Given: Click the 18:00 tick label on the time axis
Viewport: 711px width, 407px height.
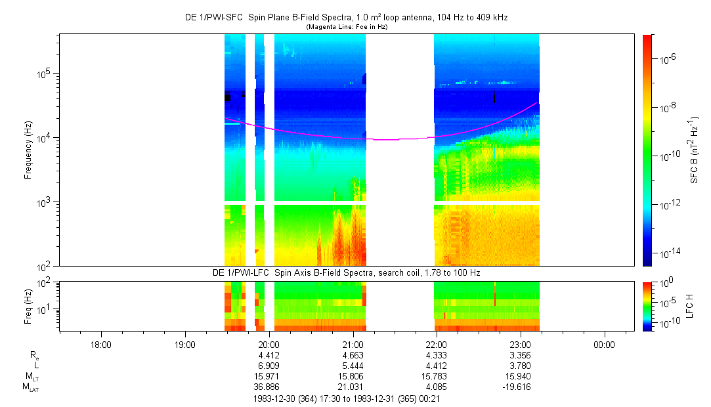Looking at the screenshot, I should point(100,345).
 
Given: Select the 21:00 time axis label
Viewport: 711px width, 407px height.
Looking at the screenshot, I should point(353,345).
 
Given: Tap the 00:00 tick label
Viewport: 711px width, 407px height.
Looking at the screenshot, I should point(604,345).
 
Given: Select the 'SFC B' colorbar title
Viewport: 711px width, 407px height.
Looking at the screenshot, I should point(694,150).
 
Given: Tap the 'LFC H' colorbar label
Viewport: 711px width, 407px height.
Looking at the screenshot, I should point(690,306).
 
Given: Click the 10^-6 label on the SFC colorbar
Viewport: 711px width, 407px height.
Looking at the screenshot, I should point(669,59).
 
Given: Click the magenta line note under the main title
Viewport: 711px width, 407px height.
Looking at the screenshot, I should point(347,26).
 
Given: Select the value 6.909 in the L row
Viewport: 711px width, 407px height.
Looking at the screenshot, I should point(269,366).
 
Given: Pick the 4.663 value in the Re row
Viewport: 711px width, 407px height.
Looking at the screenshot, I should point(353,355).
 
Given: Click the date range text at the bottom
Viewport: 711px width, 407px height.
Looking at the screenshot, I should point(346,398).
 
